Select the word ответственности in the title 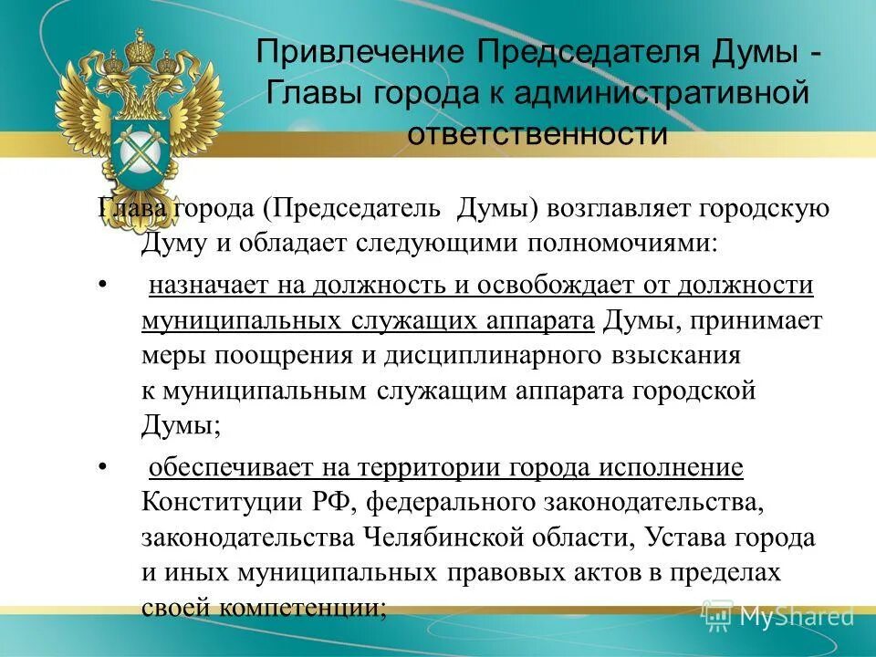click(x=537, y=133)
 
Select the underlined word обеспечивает click(x=232, y=468)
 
